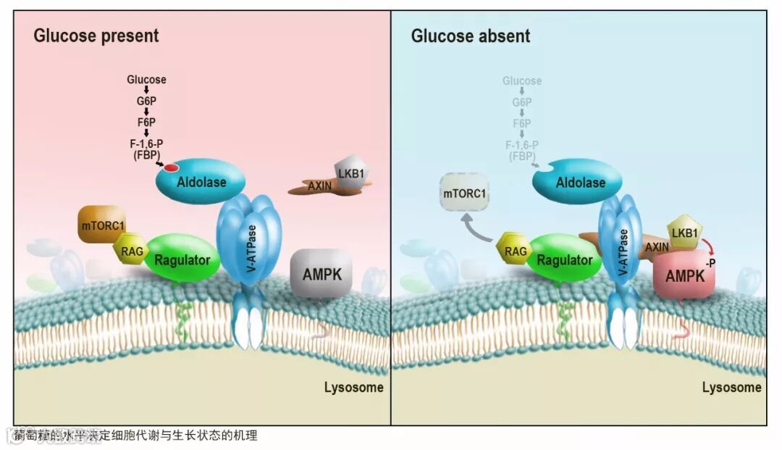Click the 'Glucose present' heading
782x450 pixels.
(96, 36)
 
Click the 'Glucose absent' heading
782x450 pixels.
(471, 36)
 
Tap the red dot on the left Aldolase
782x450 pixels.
(171, 168)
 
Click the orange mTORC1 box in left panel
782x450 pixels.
(102, 225)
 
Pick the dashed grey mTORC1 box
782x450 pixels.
(464, 195)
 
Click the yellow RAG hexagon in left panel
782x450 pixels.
(130, 251)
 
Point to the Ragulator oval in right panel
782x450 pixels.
(565, 259)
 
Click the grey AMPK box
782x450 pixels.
(316, 275)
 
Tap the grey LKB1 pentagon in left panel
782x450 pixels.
(349, 174)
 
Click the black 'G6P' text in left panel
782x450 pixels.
(146, 102)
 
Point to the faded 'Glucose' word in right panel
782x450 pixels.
(521, 81)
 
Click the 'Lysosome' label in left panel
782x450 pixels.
(353, 387)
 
